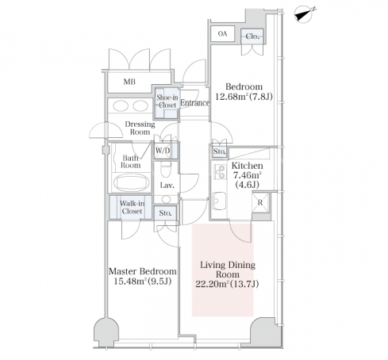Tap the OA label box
[x=223, y=33]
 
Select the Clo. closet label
[x=252, y=36]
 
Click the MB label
[x=129, y=82]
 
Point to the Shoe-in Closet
[x=167, y=103]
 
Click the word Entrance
[x=195, y=103]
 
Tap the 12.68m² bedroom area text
[x=244, y=97]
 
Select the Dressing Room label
[x=140, y=128]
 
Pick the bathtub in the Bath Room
[x=131, y=182]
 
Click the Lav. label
[x=167, y=186]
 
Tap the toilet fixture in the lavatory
[x=167, y=170]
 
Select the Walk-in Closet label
[x=132, y=207]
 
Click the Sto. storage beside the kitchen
[x=220, y=151]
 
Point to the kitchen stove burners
[x=220, y=172]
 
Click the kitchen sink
[x=219, y=201]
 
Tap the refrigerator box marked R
[x=260, y=202]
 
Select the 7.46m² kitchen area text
[x=248, y=175]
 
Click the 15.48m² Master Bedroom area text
[x=143, y=281]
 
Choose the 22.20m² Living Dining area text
[x=227, y=284]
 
